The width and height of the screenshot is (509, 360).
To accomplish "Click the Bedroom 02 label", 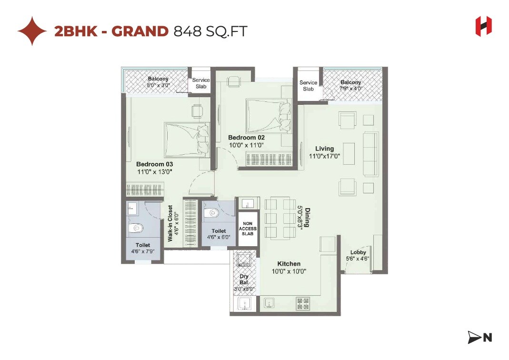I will (x=246, y=138).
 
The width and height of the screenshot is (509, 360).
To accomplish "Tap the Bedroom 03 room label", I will (x=154, y=164).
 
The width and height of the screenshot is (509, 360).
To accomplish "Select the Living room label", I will (x=324, y=149).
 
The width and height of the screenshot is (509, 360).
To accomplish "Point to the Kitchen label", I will (x=289, y=264).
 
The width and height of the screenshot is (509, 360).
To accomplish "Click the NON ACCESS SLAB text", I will (x=248, y=229).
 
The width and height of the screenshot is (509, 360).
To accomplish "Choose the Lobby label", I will (x=358, y=252).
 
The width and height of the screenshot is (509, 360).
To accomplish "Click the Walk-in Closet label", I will (x=170, y=223).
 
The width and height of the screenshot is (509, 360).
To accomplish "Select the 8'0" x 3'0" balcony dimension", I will (x=158, y=85).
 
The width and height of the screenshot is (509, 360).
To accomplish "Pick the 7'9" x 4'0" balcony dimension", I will (x=351, y=89).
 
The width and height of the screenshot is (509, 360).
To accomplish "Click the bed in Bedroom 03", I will (x=186, y=139).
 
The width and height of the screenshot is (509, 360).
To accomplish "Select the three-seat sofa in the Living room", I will (x=370, y=153).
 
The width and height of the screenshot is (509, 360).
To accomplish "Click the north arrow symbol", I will (x=479, y=338).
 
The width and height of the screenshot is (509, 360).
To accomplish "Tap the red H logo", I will (x=483, y=26).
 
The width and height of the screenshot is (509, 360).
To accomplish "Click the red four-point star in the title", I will (x=32, y=31).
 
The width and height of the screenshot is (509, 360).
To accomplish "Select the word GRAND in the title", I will (x=140, y=31).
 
